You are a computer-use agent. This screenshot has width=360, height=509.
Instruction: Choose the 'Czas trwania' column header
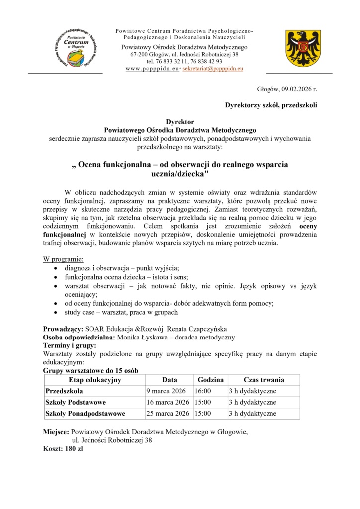(264, 380)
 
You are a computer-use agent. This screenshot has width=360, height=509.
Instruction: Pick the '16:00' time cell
(203, 391)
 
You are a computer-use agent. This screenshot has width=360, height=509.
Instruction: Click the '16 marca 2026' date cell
(168, 402)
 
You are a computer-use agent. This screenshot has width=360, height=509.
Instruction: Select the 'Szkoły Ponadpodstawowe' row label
(85, 413)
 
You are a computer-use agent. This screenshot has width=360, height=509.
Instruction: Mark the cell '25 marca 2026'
(168, 413)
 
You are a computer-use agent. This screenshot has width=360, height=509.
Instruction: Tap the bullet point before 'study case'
(55, 312)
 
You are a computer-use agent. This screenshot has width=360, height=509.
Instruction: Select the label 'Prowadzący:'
(64, 329)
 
